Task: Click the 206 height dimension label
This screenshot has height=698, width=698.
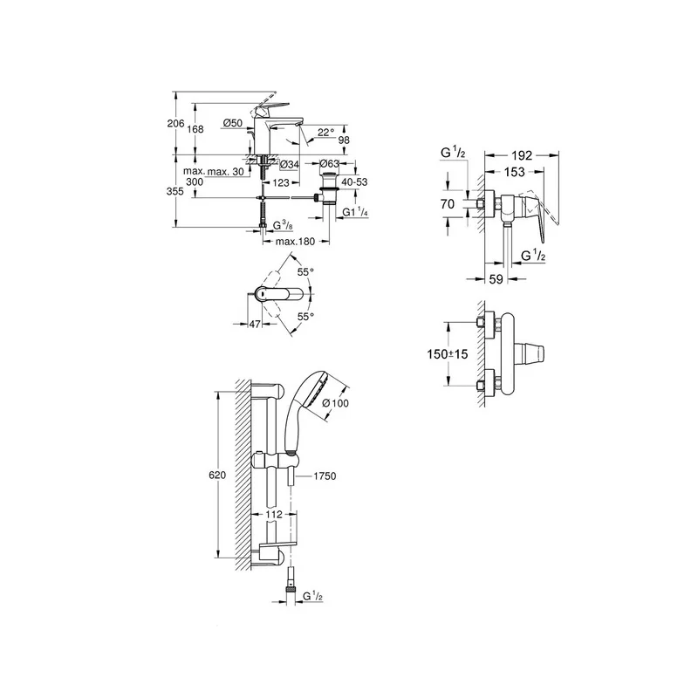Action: click(x=176, y=123)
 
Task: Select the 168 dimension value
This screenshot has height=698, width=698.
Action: click(x=195, y=129)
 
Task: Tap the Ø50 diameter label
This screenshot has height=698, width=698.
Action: click(x=233, y=123)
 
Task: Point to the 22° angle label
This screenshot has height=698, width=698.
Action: click(x=325, y=133)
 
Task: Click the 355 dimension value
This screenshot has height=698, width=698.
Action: click(x=175, y=191)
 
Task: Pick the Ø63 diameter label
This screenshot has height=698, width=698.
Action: click(x=330, y=163)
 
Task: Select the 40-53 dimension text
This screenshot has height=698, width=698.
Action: click(x=355, y=182)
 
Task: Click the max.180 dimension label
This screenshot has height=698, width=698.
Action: click(x=295, y=242)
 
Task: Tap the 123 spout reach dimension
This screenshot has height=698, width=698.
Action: click(x=281, y=182)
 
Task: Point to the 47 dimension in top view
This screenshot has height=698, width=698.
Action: click(x=255, y=324)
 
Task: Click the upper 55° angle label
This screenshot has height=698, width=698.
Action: click(x=306, y=271)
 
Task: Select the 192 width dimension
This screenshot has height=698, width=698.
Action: click(x=522, y=155)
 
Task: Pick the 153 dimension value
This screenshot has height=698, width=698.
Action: click(x=515, y=172)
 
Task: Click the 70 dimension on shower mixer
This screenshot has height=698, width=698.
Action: click(x=448, y=204)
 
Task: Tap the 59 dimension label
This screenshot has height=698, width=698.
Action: click(x=496, y=279)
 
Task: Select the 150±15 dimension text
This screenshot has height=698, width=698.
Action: click(x=448, y=354)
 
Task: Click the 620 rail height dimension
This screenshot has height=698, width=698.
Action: click(x=217, y=476)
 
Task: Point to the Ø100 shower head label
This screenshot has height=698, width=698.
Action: click(x=335, y=403)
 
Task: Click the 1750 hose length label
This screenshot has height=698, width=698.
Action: click(x=325, y=476)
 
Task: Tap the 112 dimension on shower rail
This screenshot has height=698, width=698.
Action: click(x=274, y=515)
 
